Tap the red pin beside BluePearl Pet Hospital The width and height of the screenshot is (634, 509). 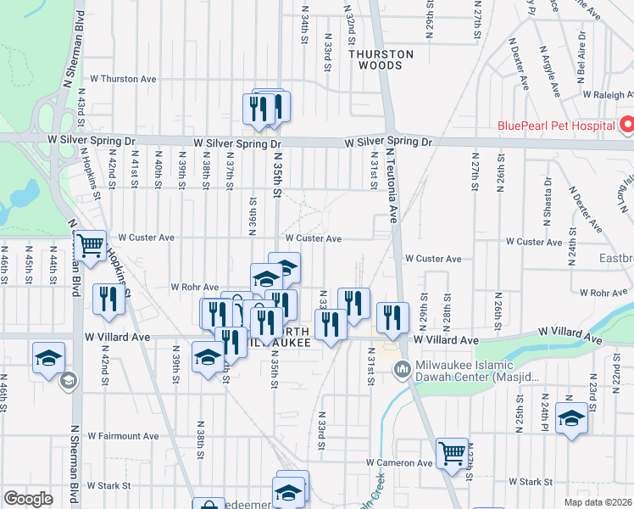[627, 126]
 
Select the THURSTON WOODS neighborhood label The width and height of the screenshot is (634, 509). [381, 59]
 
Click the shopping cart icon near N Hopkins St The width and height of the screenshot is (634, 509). [89, 246]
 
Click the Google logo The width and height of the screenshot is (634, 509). [28, 499]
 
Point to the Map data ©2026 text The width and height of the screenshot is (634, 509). [598, 502]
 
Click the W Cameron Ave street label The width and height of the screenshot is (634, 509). [399, 463]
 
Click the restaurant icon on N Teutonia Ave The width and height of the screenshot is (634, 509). [392, 317]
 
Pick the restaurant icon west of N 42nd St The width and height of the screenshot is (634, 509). [108, 299]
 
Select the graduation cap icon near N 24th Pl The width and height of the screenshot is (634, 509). [572, 419]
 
